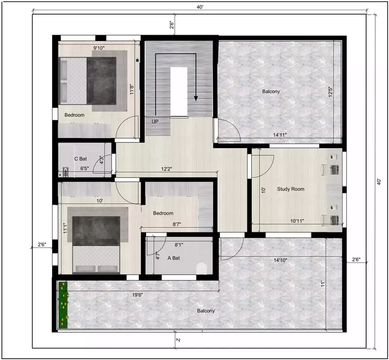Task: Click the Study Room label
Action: pyautogui.click(x=291, y=189)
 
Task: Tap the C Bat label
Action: pyautogui.click(x=80, y=158)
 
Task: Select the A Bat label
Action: pyautogui.click(x=174, y=258)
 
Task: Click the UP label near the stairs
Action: pyautogui.click(x=155, y=121)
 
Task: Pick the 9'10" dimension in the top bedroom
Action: pyautogui.click(x=99, y=48)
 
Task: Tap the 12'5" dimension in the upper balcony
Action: pyautogui.click(x=331, y=92)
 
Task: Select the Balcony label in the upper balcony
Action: pyautogui.click(x=271, y=92)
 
